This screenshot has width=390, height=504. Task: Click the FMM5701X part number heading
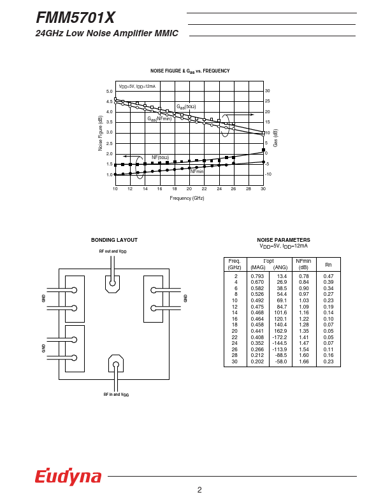click(x=76, y=18)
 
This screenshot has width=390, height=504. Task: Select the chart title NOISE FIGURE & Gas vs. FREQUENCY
click(x=190, y=71)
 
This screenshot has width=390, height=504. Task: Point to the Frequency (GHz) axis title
click(x=187, y=199)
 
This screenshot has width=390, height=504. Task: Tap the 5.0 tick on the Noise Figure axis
click(x=109, y=92)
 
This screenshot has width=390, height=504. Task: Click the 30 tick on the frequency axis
click(x=263, y=189)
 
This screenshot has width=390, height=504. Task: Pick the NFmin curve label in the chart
click(x=196, y=171)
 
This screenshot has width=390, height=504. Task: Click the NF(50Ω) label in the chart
click(x=160, y=157)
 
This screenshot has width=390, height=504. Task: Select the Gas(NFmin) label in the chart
click(x=159, y=119)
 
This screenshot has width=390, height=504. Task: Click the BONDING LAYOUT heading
click(x=114, y=240)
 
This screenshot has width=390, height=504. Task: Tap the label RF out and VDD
click(x=113, y=251)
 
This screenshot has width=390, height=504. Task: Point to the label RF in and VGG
click(x=116, y=395)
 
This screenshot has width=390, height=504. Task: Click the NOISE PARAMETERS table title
click(x=283, y=240)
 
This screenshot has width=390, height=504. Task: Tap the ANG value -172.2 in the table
click(x=280, y=337)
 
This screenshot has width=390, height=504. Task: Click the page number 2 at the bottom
click(x=199, y=490)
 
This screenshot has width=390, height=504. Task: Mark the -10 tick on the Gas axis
click(x=268, y=174)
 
